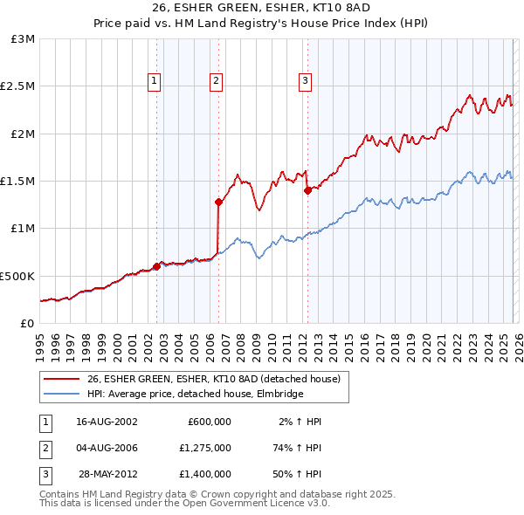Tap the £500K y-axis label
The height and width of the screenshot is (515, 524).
pyautogui.click(x=17, y=276)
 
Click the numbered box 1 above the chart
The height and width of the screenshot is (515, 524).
pyautogui.click(x=154, y=81)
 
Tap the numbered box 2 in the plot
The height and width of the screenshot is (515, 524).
pyautogui.click(x=215, y=81)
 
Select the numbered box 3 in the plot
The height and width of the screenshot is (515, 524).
pyautogui.click(x=305, y=81)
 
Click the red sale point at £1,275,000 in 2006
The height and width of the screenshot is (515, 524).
pyautogui.click(x=217, y=202)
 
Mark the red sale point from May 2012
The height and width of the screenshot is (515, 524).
pyautogui.click(x=307, y=190)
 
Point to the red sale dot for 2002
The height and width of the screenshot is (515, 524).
pyautogui.click(x=156, y=266)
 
